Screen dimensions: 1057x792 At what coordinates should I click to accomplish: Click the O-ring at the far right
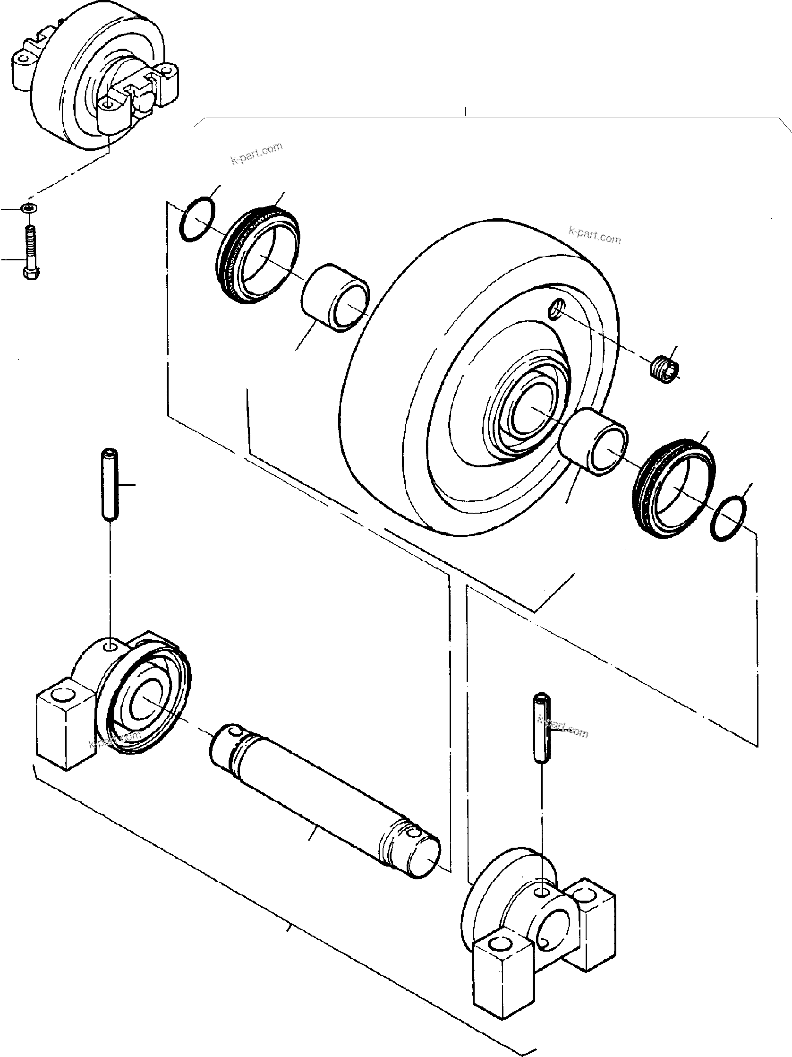click(728, 519)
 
